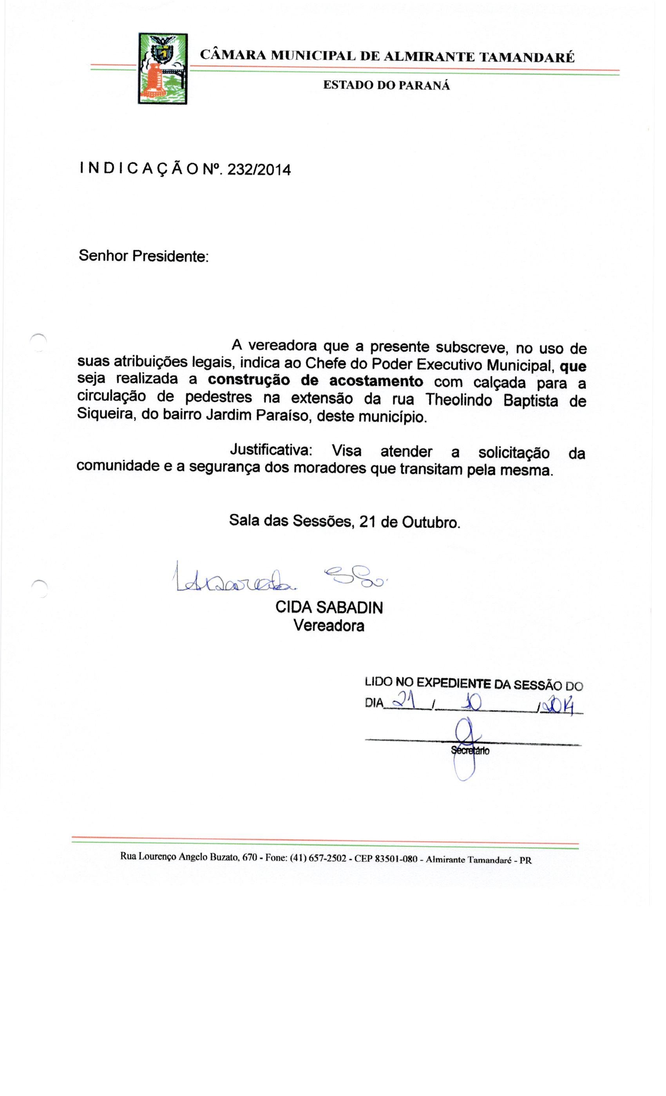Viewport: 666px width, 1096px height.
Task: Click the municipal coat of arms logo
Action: click(163, 69)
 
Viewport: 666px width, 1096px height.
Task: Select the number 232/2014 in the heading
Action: click(259, 170)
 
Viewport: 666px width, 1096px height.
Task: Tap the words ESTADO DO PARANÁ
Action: click(386, 85)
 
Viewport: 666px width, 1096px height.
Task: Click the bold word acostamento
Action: click(376, 382)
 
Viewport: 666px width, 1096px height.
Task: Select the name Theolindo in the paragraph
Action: click(458, 399)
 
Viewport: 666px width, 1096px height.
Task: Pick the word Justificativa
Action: click(271, 450)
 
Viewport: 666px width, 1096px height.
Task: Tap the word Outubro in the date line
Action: click(431, 522)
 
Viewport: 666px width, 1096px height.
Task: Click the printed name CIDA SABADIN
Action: click(329, 607)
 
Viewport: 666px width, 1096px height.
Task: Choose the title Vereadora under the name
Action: click(329, 626)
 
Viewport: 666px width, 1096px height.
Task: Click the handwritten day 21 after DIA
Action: click(406, 701)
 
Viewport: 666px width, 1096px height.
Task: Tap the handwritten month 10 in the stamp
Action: click(472, 703)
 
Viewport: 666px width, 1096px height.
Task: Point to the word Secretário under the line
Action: click(470, 751)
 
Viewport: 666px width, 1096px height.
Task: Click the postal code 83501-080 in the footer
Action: click(396, 858)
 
